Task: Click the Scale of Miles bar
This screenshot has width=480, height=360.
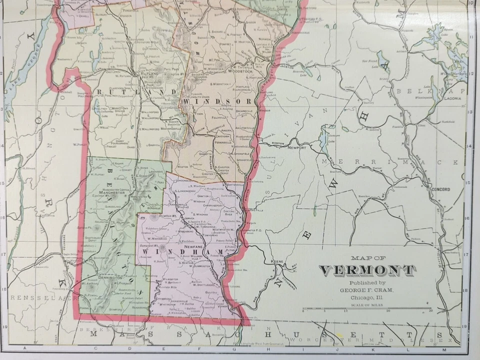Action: [367, 309]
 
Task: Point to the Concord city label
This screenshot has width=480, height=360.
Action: [439, 189]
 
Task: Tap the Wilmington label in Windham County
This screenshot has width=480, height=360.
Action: [170, 279]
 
